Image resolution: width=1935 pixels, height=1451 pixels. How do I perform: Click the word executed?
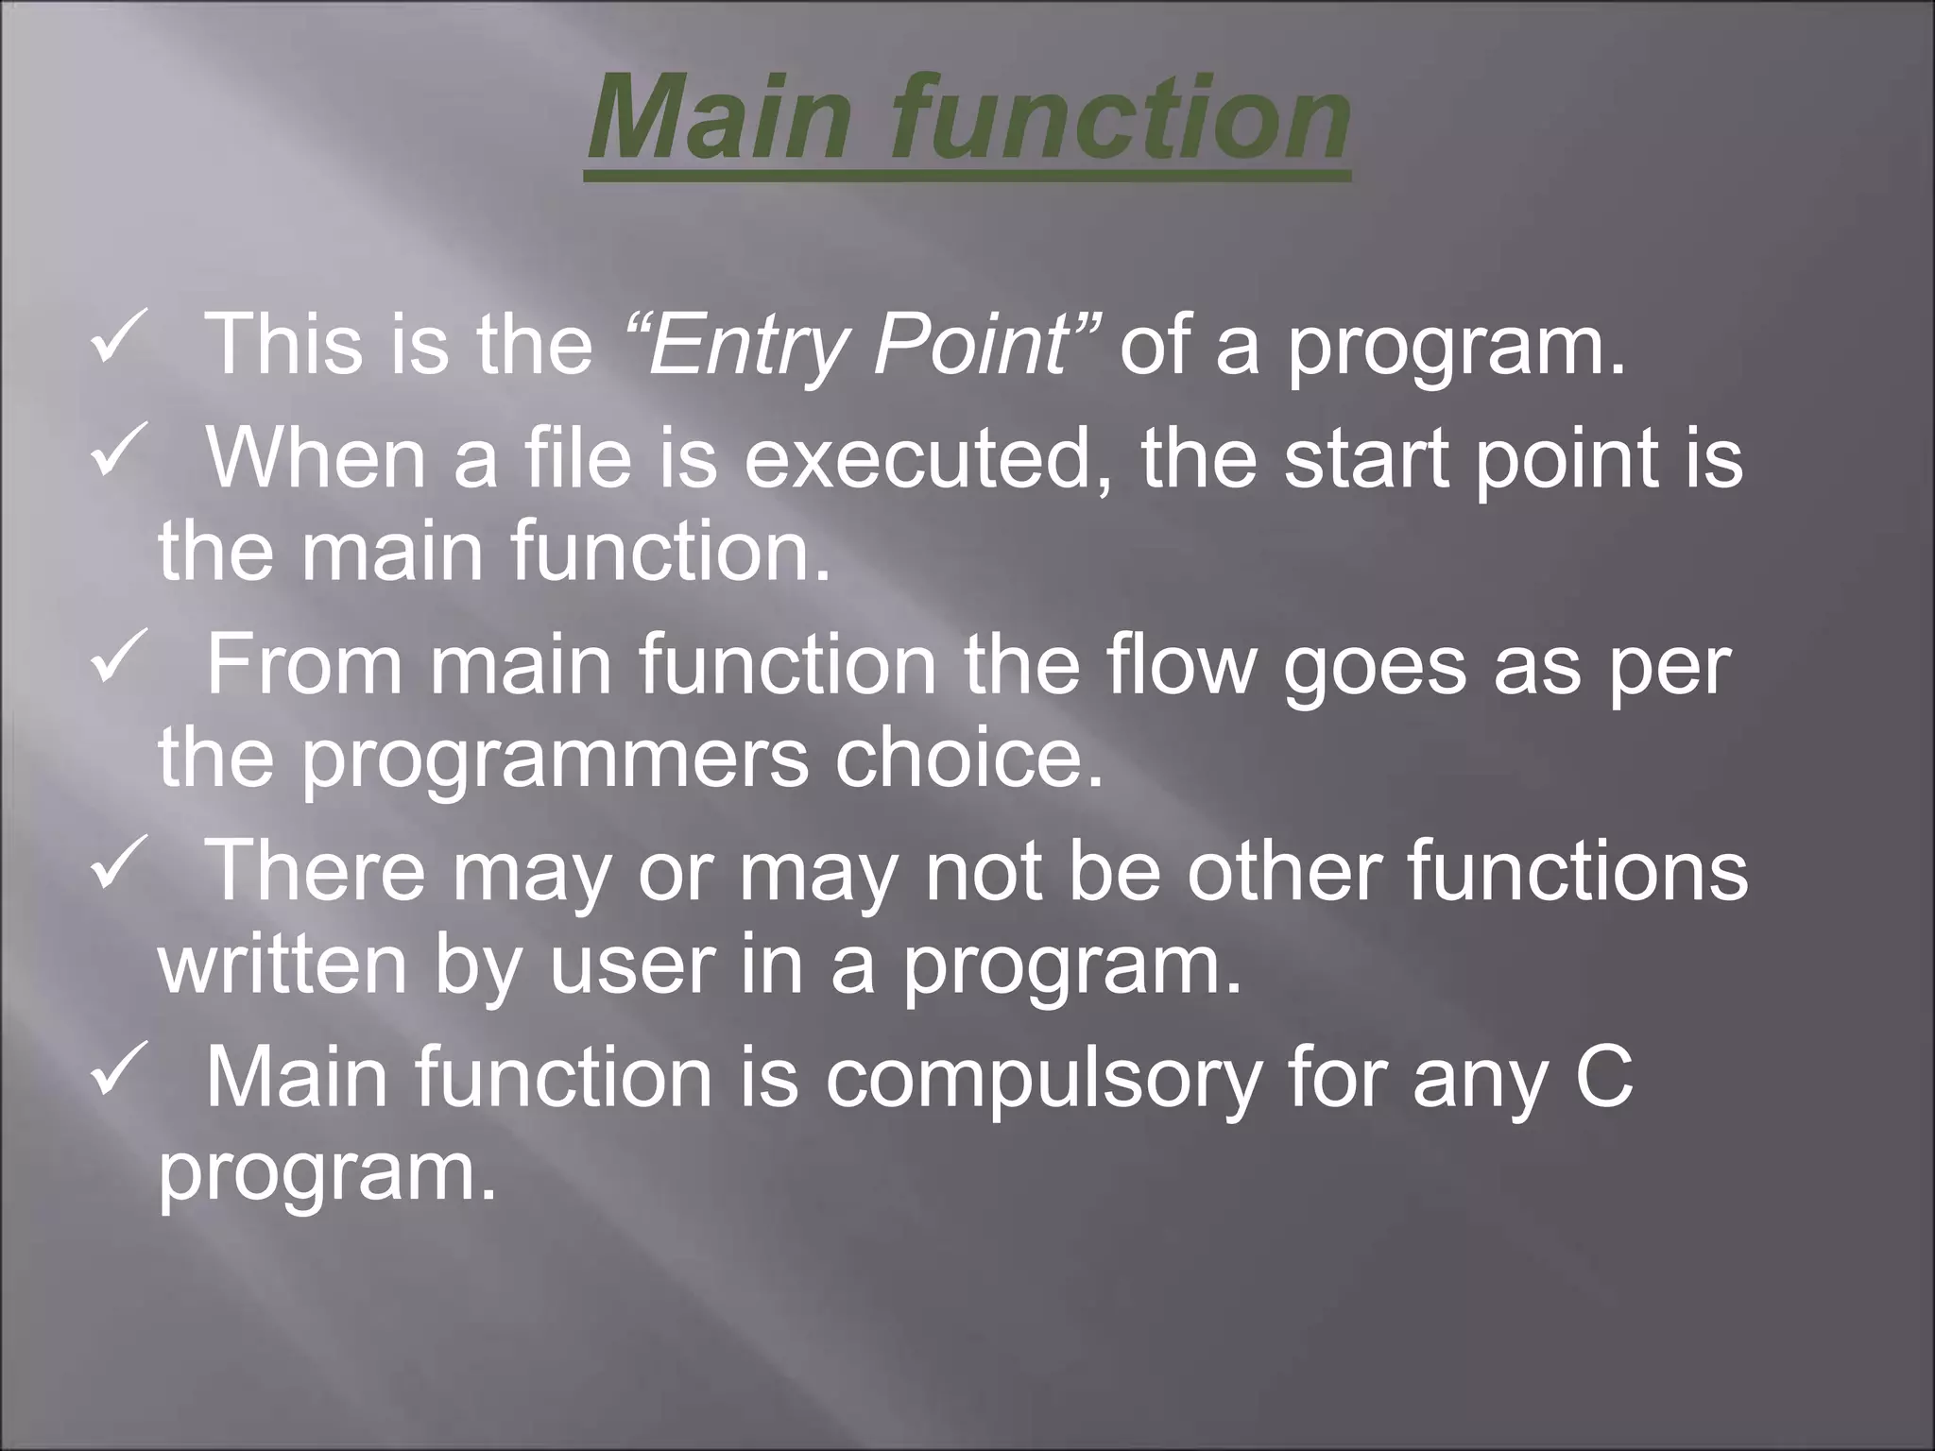click(x=926, y=458)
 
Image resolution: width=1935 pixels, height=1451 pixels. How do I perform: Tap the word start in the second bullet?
click(x=1364, y=458)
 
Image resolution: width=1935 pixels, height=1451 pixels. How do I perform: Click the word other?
click(x=1285, y=872)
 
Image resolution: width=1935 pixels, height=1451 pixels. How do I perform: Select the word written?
click(x=283, y=966)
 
